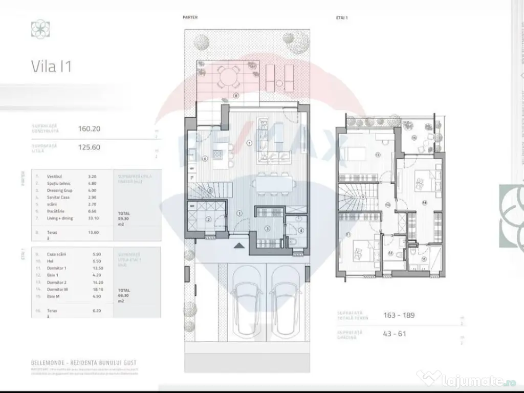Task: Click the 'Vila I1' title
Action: pyautogui.click(x=51, y=67)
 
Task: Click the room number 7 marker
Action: pyautogui.click(x=249, y=143)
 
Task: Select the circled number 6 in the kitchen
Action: pyautogui.click(x=205, y=159)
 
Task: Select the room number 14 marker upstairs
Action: pyautogui.click(x=424, y=202)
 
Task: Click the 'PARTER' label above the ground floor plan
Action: pyautogui.click(x=190, y=17)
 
